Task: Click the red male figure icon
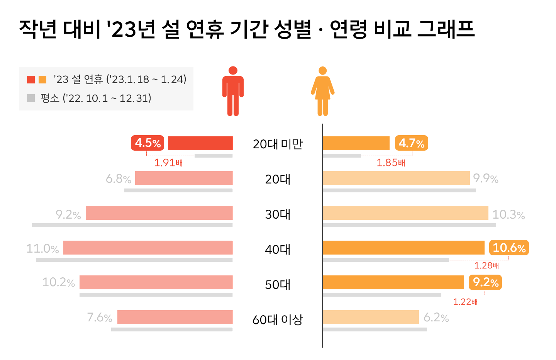click(x=233, y=92)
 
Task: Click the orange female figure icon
click(x=323, y=92)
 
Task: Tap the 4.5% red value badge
click(x=147, y=143)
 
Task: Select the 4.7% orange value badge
click(x=411, y=143)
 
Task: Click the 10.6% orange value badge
click(x=509, y=248)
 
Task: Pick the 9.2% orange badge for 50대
click(x=485, y=282)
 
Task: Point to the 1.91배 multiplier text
click(x=168, y=163)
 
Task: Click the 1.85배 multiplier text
click(x=391, y=163)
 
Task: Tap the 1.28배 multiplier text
click(x=486, y=266)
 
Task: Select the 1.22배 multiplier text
click(x=465, y=302)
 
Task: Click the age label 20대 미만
click(x=278, y=144)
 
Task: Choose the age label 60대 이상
click(x=278, y=320)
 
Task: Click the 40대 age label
click(x=278, y=250)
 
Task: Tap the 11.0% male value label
click(x=42, y=248)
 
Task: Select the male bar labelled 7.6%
click(x=175, y=317)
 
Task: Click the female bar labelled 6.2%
click(x=371, y=317)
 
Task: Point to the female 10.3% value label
click(x=509, y=214)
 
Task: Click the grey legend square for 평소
click(x=31, y=98)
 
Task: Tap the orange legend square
click(x=42, y=80)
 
